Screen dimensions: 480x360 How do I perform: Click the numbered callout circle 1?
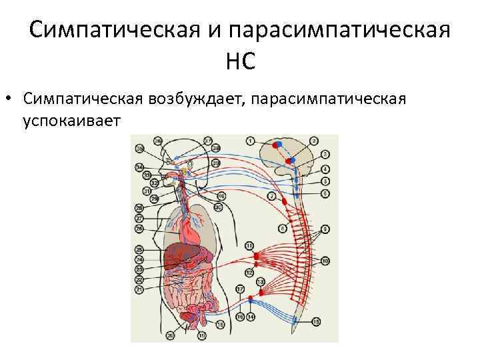[250, 141]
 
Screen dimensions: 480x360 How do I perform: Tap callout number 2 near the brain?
[314, 141]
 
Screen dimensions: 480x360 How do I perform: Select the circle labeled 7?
[272, 197]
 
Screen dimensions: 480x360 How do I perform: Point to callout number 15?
[316, 321]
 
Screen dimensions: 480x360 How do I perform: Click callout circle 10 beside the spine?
[325, 261]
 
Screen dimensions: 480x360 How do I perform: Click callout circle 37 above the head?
[208, 141]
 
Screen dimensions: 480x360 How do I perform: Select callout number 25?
[139, 249]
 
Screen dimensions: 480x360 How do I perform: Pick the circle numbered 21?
[139, 290]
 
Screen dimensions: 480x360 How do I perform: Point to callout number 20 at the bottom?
[171, 335]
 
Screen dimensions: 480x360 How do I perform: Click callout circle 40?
[221, 195]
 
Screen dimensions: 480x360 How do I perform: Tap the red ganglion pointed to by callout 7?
[285, 200]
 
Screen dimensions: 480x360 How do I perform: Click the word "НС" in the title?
[240, 63]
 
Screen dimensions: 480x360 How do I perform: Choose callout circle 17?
[239, 289]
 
